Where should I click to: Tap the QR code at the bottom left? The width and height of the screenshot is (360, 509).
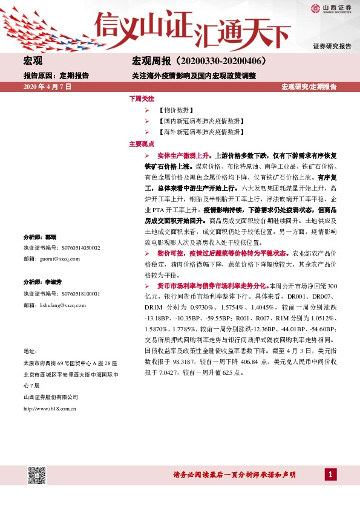37,475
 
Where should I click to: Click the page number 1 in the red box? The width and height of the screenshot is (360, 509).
330,475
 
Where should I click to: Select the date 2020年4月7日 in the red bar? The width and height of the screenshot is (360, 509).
47,87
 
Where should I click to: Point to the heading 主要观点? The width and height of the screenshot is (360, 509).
142,144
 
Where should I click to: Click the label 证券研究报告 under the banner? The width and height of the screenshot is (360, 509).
332,47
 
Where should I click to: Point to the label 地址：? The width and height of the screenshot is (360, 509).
30,351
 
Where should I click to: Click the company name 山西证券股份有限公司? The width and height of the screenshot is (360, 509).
51,397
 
